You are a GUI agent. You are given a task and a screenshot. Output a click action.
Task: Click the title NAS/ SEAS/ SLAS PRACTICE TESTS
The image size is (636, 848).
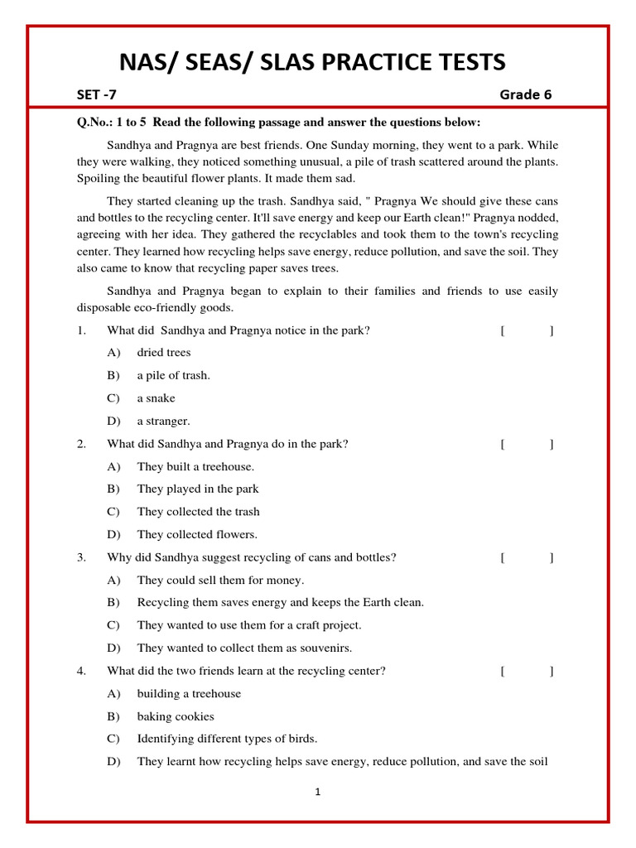[x=312, y=62]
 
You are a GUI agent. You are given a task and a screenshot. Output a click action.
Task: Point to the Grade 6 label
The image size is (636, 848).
[x=525, y=94]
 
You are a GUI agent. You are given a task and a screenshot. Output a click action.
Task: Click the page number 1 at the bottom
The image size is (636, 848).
[x=317, y=792]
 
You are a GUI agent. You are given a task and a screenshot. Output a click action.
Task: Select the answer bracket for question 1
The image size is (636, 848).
[x=528, y=330]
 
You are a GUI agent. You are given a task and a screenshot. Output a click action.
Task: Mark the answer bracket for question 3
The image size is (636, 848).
[x=528, y=557]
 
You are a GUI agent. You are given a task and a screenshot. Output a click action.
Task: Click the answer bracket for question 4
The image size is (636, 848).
[x=528, y=671]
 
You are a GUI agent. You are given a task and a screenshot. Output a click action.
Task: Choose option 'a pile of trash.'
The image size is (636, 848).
[x=173, y=375]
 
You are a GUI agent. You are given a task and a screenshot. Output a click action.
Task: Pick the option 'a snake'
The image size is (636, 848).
[x=156, y=398]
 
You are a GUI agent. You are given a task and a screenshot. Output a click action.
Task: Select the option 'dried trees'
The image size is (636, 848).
[x=164, y=353]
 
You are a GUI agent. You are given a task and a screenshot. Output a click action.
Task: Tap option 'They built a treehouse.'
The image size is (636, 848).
[x=195, y=466]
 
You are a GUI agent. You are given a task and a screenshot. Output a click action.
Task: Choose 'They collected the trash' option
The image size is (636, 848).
[x=198, y=512]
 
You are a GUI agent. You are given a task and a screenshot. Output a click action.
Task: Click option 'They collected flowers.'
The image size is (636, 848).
[x=197, y=534]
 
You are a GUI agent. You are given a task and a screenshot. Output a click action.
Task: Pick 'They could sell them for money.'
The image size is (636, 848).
[x=220, y=580]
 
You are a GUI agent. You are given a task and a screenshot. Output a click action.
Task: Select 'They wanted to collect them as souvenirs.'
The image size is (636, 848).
[x=244, y=648]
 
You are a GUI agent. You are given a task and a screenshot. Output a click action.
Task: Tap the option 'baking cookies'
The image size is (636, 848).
[x=176, y=716]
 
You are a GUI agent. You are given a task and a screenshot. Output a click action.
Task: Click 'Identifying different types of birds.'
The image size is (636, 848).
[x=227, y=739]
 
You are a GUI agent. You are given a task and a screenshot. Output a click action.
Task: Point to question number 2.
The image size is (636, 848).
[x=82, y=444]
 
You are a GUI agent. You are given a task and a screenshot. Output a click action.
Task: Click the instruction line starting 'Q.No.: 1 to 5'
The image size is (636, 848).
[x=278, y=123]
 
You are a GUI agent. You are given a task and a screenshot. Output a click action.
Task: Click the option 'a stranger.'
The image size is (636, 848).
[x=163, y=421]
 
